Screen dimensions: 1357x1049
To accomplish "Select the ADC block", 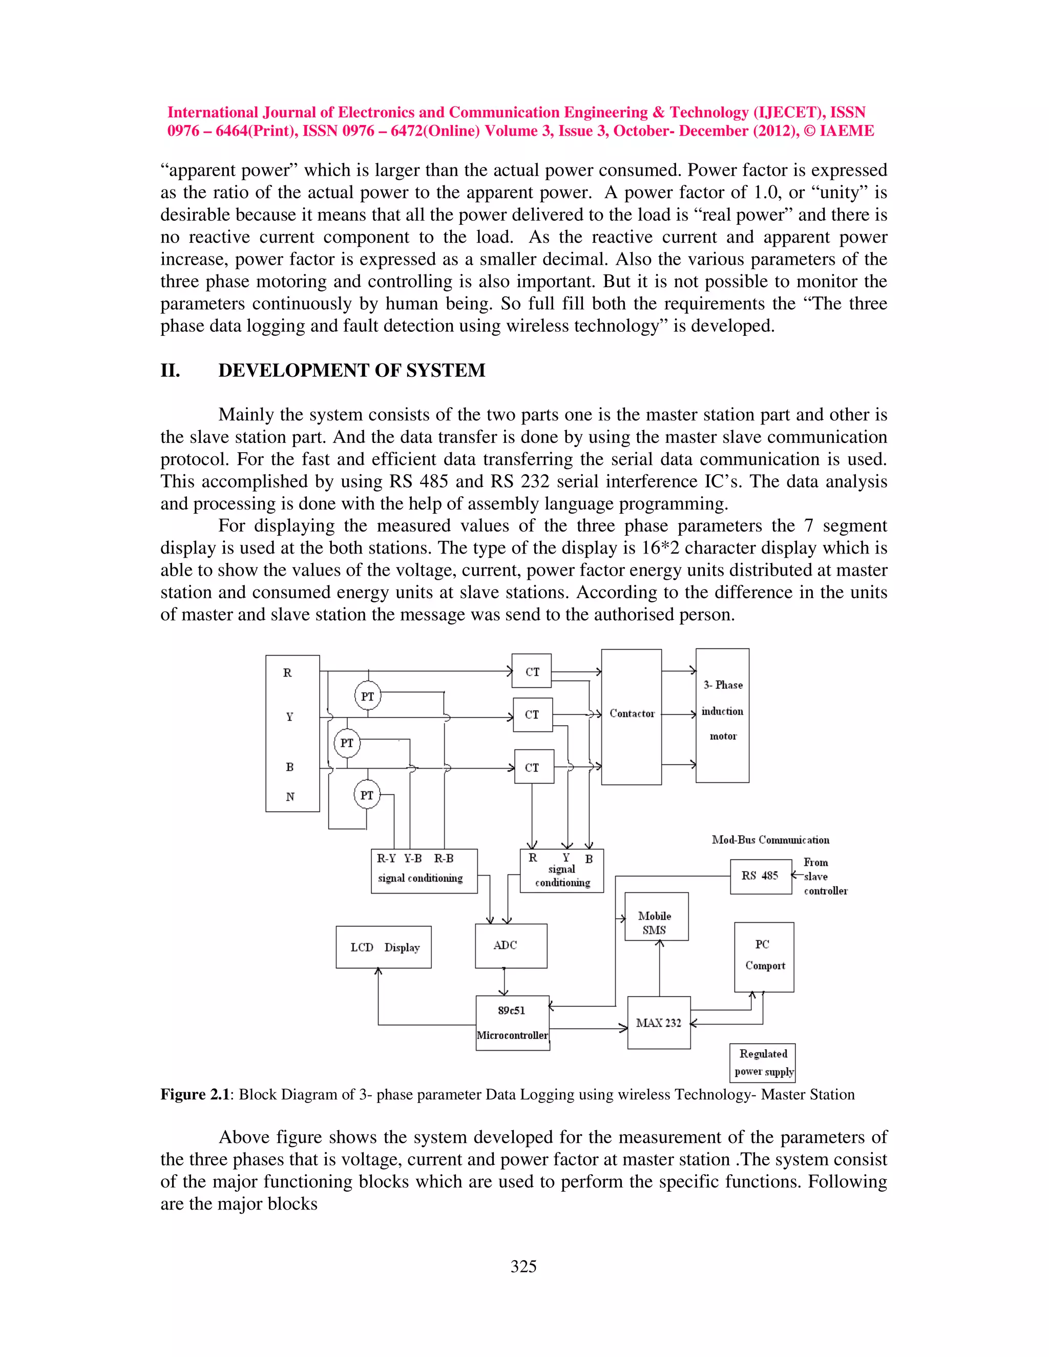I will click(511, 946).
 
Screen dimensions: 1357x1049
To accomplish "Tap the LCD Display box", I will click(384, 947).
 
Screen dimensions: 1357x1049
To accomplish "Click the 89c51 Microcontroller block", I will click(513, 1023).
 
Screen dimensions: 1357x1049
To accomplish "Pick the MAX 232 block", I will click(659, 1023).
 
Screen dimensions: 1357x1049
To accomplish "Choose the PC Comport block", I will click(764, 957).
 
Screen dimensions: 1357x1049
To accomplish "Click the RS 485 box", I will click(760, 876).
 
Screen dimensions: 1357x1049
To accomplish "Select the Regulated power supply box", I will click(763, 1063).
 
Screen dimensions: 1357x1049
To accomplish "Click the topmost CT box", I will click(531, 671).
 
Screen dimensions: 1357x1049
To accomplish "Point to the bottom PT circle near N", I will click(367, 795).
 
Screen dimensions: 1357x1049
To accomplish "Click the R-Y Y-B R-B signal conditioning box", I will click(424, 871).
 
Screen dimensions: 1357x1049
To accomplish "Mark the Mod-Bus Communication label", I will click(770, 840).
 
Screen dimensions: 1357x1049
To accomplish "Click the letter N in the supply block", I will click(289, 797).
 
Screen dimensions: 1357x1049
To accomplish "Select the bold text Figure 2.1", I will click(195, 1094).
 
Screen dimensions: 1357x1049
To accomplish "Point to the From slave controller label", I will click(825, 877).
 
